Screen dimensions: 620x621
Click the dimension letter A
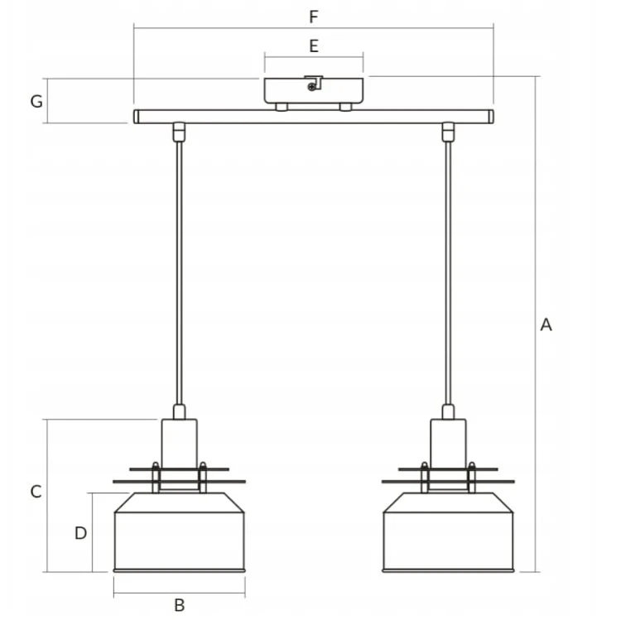[546, 325]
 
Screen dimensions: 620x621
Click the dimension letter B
[179, 605]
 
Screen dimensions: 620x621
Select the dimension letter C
[36, 492]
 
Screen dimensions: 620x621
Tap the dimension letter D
[80, 533]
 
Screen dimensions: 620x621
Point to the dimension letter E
[313, 46]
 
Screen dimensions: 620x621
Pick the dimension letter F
[313, 17]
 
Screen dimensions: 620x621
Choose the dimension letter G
[36, 101]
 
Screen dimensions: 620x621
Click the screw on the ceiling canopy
[311, 85]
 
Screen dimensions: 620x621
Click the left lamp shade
[179, 538]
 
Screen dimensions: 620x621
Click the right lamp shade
[448, 538]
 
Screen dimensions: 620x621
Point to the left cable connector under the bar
[179, 131]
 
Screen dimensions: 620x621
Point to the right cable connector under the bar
[448, 131]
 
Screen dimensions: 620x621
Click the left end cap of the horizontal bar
[137, 117]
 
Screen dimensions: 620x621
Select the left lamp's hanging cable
[179, 273]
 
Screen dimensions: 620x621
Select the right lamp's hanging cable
[448, 273]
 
